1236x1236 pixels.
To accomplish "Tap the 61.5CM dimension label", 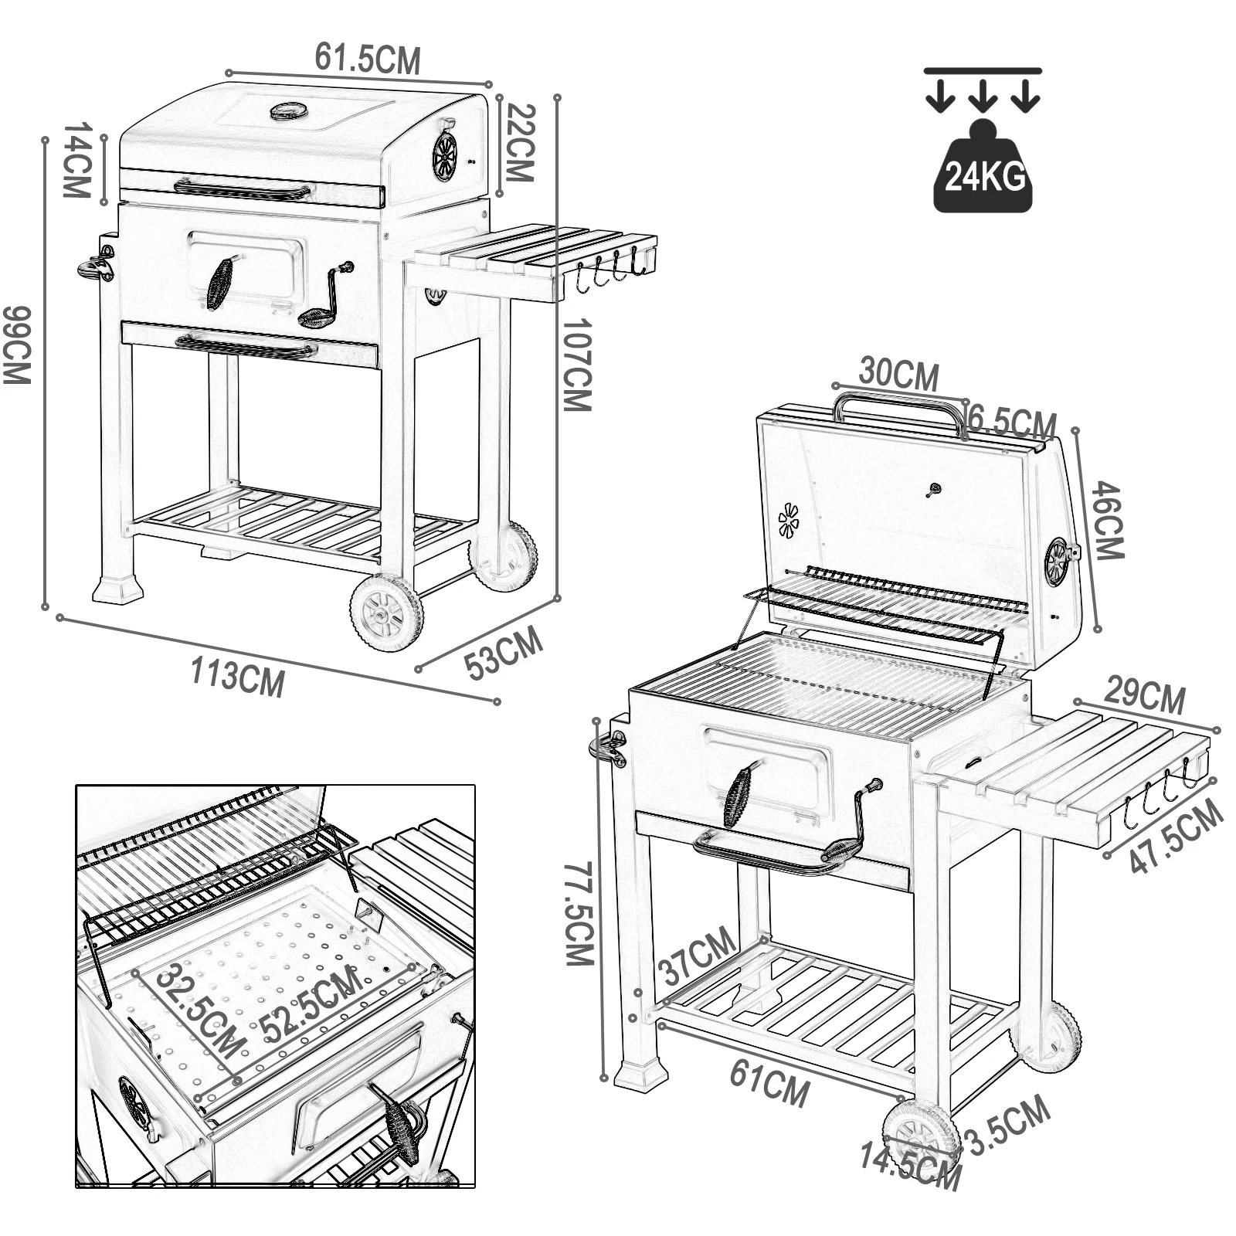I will pos(368,59).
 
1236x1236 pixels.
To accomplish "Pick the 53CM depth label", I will pos(504,654).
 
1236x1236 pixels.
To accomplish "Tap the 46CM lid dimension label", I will pos(1109,520).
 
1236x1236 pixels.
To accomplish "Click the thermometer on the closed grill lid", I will pos(289,112).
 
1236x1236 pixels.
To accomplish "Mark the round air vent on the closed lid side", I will pos(444,157).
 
